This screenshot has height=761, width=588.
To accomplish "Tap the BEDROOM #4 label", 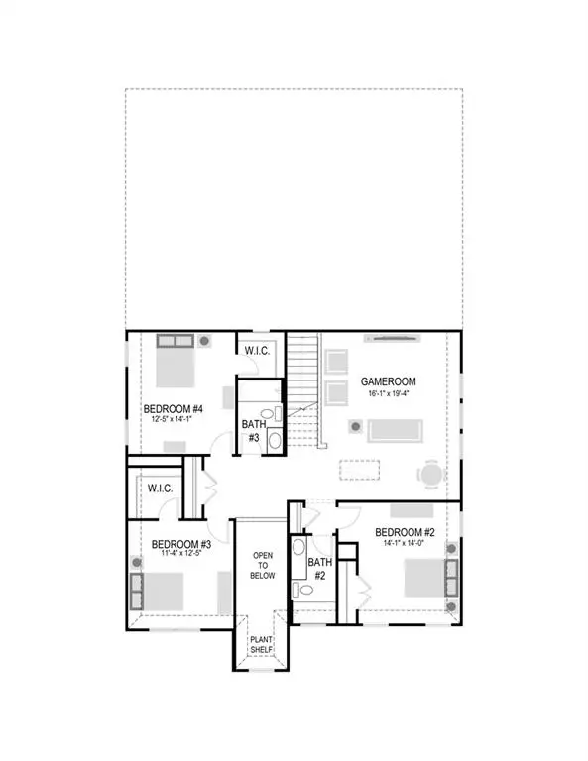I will pos(173,407).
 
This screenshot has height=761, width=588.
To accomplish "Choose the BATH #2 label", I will pos(320,568).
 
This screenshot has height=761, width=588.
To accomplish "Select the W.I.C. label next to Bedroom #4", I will pos(249,350).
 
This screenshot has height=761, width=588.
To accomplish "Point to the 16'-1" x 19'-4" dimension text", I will pos(388,393).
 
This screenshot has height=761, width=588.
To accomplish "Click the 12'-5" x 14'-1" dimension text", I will pos(173,419).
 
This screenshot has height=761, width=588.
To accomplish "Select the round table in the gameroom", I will pos(431,475).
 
